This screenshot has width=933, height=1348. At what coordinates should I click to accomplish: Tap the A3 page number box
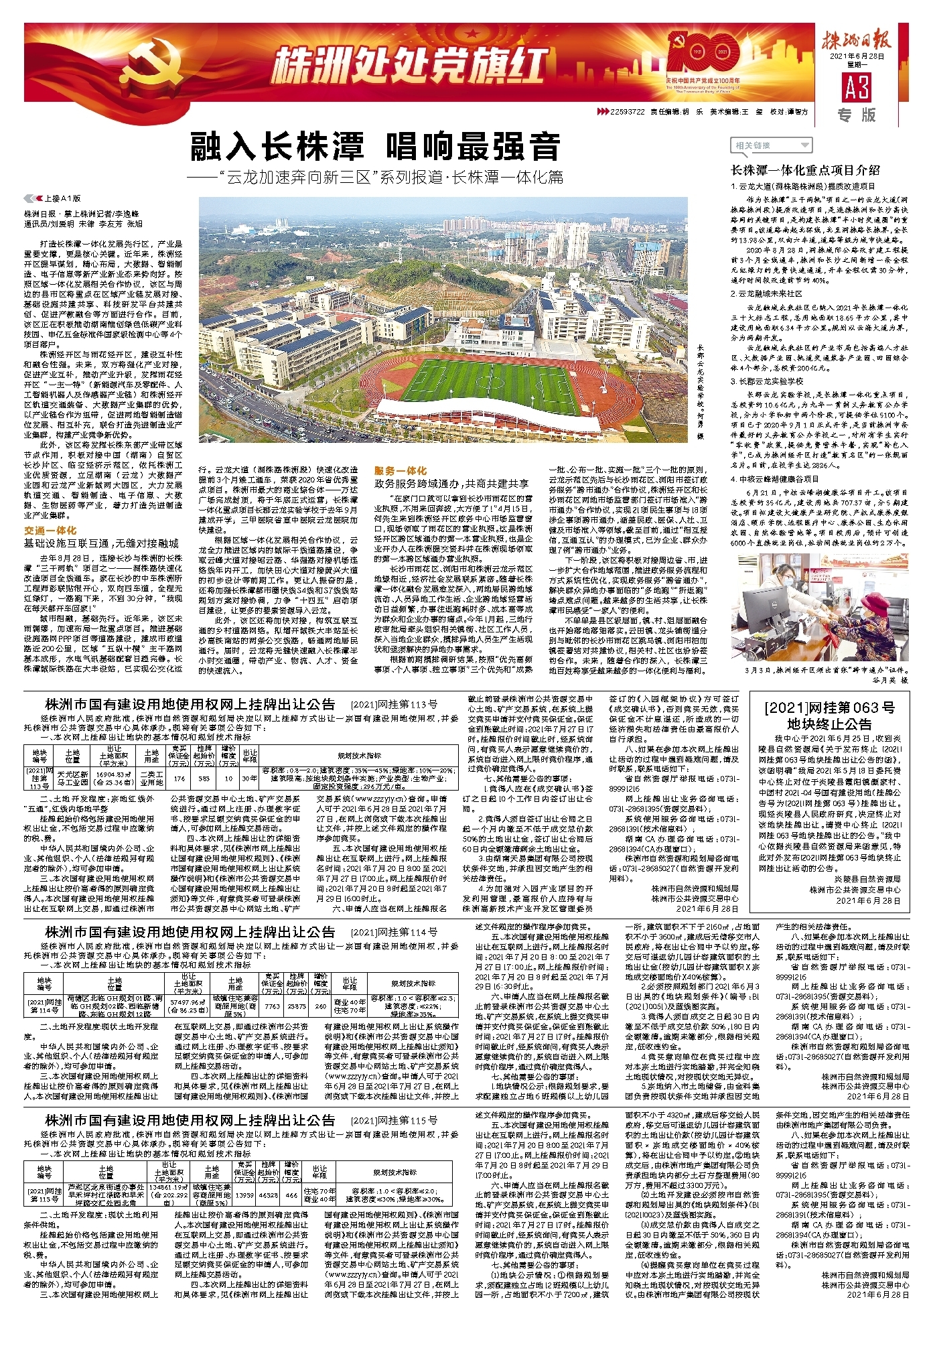point(857,87)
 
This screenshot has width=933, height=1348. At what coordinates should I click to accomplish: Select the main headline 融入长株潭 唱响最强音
point(375,146)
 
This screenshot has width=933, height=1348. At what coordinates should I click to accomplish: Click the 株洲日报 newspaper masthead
point(857,42)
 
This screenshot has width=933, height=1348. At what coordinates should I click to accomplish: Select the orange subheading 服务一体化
point(400,471)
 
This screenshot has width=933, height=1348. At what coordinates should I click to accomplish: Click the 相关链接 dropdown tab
point(770,145)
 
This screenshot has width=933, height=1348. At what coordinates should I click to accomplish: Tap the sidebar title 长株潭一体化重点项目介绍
point(804,170)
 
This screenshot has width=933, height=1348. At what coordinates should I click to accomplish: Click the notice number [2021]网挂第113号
point(394,704)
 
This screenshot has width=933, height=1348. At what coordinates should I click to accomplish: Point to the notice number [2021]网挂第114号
point(394,932)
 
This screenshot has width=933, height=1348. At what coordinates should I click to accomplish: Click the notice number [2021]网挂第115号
point(394,1120)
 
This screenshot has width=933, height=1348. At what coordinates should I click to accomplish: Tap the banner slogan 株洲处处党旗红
point(409,66)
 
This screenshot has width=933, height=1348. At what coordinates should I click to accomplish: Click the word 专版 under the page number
point(857,115)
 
